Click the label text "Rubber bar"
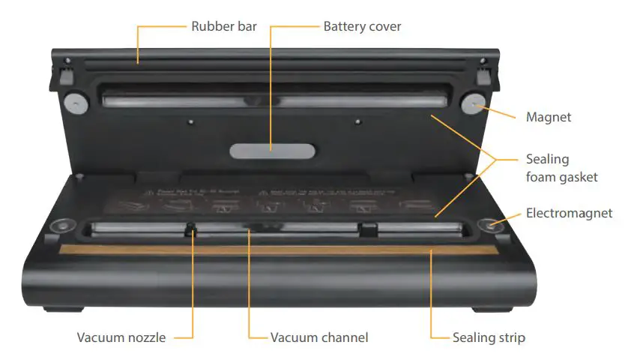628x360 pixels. pos(224,27)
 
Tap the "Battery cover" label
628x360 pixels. pos(362,27)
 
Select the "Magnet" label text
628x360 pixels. pos(549,117)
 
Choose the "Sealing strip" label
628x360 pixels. pos(489,337)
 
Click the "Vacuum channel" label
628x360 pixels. pos(319,337)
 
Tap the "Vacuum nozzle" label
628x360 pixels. pos(121,337)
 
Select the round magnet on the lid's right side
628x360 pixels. pos(473,103)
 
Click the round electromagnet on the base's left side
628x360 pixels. pos(59,225)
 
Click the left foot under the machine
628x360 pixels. pos(64,307)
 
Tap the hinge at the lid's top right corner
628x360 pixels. pos(485,72)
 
